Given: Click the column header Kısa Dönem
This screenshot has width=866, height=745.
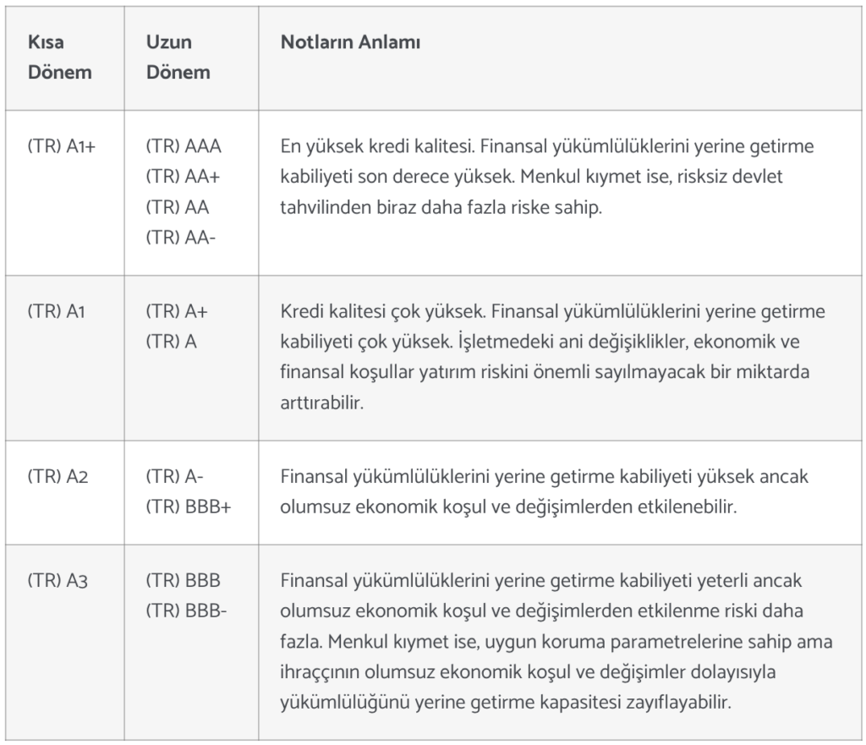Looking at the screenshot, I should [59, 57].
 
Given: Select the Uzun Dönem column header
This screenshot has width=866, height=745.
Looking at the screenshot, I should [178, 57].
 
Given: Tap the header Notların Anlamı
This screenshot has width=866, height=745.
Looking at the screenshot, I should [350, 42].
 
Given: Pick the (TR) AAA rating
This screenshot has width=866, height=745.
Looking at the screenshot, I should [184, 146].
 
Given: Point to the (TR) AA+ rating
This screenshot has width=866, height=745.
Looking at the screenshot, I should [184, 177].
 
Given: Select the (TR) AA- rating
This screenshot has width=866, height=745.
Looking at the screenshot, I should [181, 238].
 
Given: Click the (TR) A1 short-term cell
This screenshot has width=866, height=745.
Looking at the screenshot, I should [57, 311].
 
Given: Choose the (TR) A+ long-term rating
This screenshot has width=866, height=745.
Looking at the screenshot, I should [177, 311].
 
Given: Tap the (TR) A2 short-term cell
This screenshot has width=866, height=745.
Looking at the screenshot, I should [58, 477].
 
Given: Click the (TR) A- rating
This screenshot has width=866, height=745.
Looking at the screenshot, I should [174, 477].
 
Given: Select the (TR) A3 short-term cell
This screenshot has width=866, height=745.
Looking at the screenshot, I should [58, 582].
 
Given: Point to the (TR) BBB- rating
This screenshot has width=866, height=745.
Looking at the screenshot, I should [186, 613].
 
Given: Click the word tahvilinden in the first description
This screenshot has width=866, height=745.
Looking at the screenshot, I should [324, 208].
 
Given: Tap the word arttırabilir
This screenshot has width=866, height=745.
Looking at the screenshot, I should [321, 403].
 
